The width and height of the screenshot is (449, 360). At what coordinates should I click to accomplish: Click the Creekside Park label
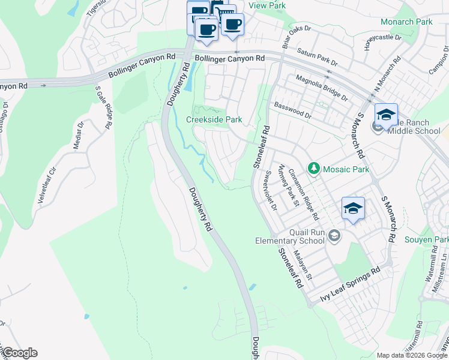click(x=214, y=119)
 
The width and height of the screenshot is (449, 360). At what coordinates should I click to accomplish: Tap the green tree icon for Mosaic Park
click(x=313, y=169)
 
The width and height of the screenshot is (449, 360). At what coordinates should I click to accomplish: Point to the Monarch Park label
click(x=406, y=22)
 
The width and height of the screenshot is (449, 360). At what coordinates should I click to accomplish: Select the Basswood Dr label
click(x=292, y=110)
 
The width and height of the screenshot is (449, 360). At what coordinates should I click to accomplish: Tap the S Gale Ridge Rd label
click(x=104, y=107)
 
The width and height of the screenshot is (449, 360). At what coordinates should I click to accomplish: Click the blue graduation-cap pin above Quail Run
click(x=353, y=208)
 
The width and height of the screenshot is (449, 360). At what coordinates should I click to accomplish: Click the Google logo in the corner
click(x=19, y=353)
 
